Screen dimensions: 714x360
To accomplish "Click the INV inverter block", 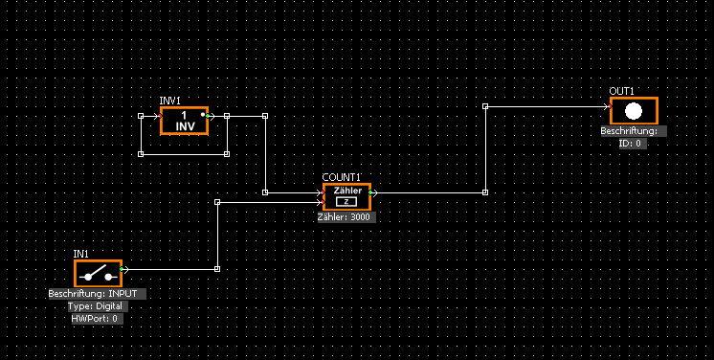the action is pyautogui.click(x=185, y=121).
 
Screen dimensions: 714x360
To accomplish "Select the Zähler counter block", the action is pyautogui.click(x=347, y=197).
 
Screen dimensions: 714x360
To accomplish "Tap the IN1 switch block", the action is pyautogui.click(x=99, y=274).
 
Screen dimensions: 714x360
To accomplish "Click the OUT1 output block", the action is pyautogui.click(x=634, y=111).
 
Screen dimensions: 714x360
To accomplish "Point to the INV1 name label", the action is pyautogui.click(x=169, y=101).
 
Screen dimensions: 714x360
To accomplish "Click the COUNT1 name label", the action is pyautogui.click(x=342, y=177).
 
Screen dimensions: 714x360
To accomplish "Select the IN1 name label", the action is pyautogui.click(x=81, y=254).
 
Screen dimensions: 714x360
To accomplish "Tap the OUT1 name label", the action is pyautogui.click(x=621, y=91).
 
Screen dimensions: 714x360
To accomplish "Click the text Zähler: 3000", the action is pyautogui.click(x=344, y=217).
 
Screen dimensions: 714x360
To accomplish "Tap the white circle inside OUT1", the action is pyautogui.click(x=634, y=111).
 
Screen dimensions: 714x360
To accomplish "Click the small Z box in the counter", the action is pyautogui.click(x=346, y=201).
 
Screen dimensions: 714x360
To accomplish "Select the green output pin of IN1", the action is pyautogui.click(x=122, y=269).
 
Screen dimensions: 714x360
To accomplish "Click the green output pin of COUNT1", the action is pyautogui.click(x=370, y=192).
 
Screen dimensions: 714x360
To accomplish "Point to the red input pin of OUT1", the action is pyautogui.click(x=611, y=107).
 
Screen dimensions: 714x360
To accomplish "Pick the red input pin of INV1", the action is pyautogui.click(x=160, y=116).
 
